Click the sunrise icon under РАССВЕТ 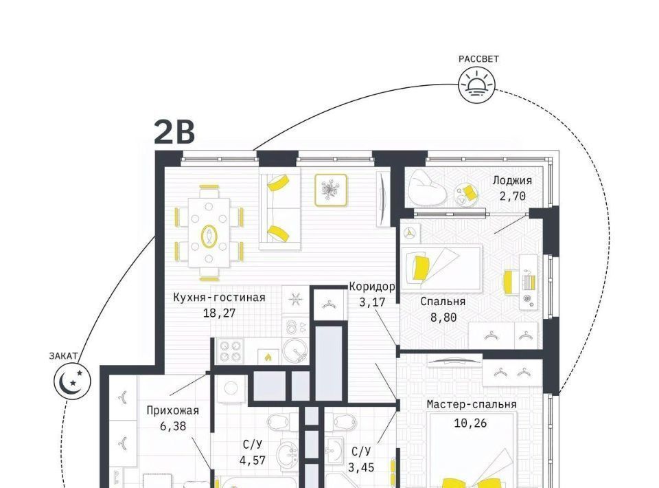click(x=476, y=85)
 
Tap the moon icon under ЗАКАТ click(x=72, y=381)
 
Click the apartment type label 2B click(x=174, y=132)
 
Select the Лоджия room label click(x=512, y=181)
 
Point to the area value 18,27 click(x=219, y=313)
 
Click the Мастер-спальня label click(x=472, y=404)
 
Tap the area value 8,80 click(x=443, y=318)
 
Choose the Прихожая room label click(x=173, y=410)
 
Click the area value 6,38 click(x=173, y=426)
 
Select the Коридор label click(x=372, y=287)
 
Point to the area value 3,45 click(x=361, y=467)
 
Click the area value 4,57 click(x=253, y=461)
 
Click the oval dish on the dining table click(x=209, y=236)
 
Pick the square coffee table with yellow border click(x=331, y=190)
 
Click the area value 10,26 click(x=470, y=423)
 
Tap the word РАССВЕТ click(x=478, y=59)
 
